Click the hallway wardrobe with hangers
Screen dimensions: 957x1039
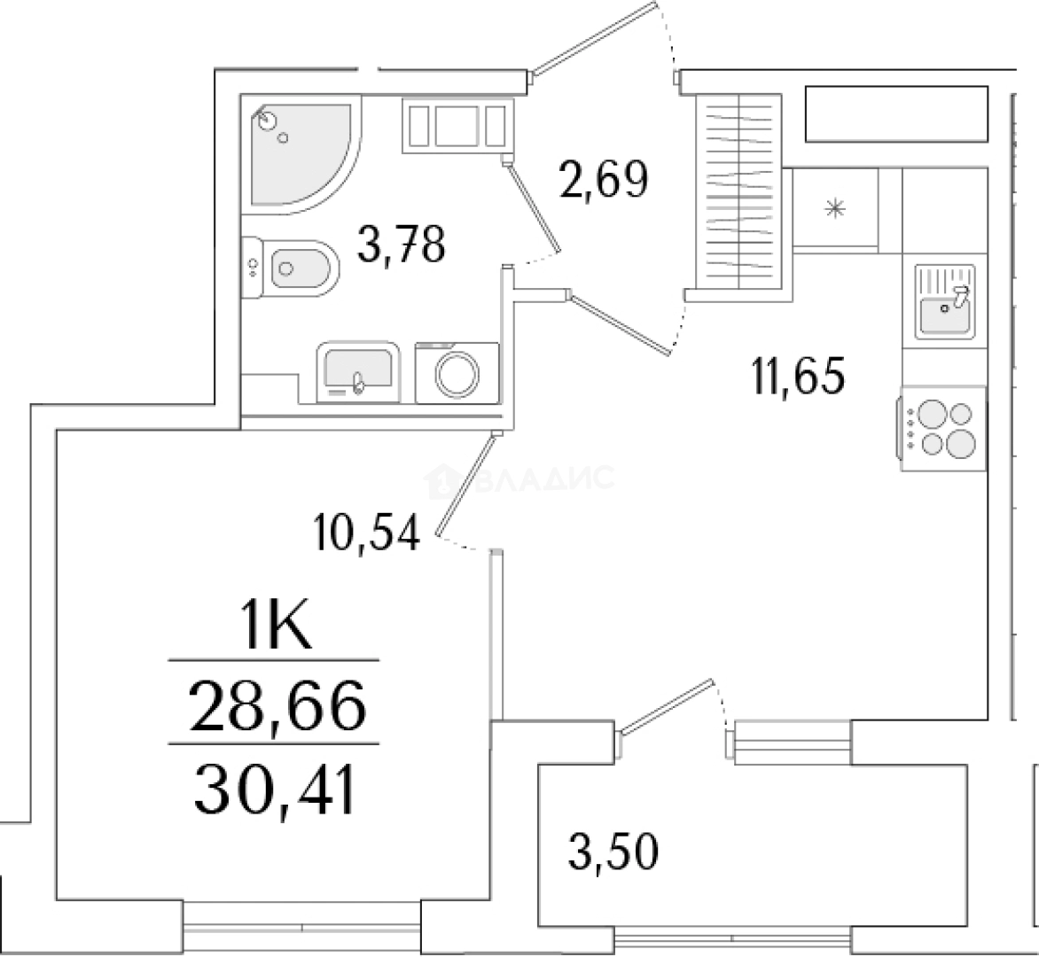tap(738, 190)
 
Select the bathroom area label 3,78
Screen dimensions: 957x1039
tap(400, 245)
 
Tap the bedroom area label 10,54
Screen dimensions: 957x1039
tap(364, 533)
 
